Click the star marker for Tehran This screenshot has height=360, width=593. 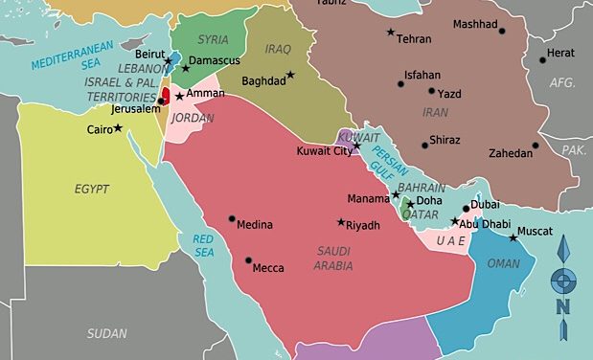point(390,33)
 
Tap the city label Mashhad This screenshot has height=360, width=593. point(476,24)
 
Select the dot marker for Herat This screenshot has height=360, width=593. point(542,59)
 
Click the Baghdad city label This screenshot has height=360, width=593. point(263,81)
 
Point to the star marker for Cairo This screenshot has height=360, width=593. point(118,127)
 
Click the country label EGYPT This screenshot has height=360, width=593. point(92,189)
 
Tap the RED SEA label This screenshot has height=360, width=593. point(203,245)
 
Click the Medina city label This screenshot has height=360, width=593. point(256,225)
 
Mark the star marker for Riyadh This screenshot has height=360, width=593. point(341,222)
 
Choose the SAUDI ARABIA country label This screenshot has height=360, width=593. point(333,259)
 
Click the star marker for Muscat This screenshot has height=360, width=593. point(513,236)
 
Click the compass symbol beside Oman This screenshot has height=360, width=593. point(563,281)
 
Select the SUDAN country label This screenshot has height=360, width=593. point(106,334)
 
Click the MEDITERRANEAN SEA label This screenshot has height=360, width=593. point(73,56)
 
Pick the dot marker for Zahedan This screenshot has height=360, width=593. point(536,146)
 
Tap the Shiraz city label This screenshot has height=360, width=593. point(444,140)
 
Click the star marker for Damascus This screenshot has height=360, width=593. point(185,68)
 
